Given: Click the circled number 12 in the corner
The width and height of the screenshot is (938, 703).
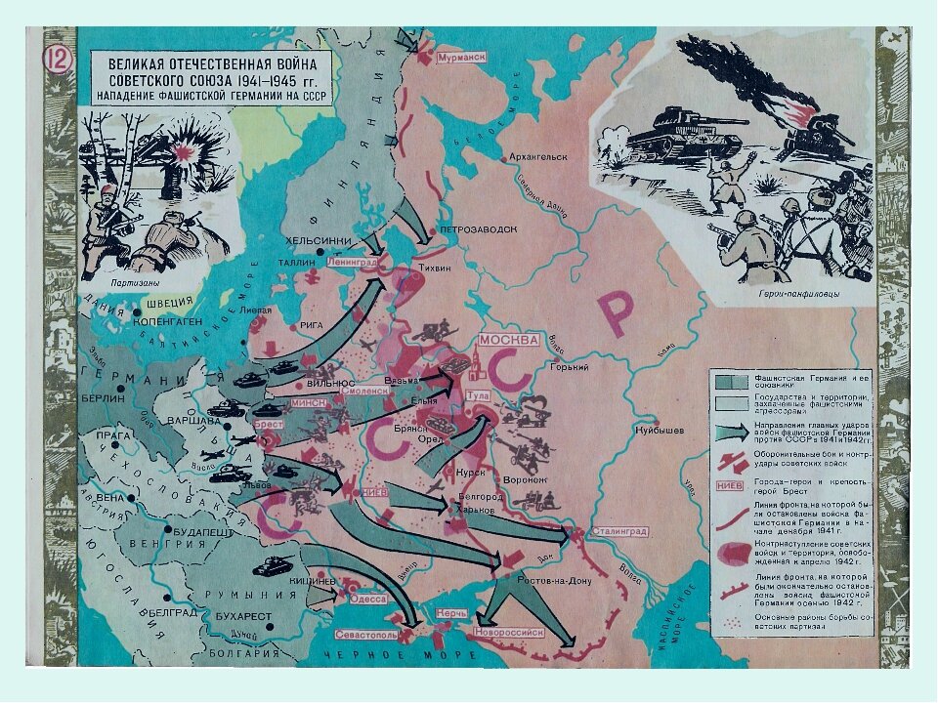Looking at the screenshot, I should pos(56,60).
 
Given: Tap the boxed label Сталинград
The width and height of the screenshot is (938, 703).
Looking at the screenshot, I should pos(617,531).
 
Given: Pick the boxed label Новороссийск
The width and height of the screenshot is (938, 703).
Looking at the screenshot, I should pos(508,632).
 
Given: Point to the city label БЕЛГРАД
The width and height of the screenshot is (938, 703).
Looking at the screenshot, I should pos(174,612).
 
